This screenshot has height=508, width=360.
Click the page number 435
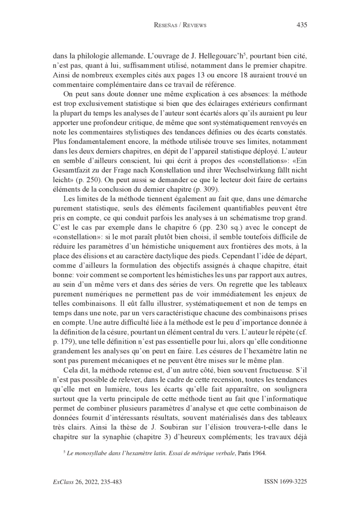click(302, 25)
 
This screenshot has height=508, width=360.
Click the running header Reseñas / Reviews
click(180, 26)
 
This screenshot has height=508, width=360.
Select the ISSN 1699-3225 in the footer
click(285, 481)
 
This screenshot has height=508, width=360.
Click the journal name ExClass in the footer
click(63, 481)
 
